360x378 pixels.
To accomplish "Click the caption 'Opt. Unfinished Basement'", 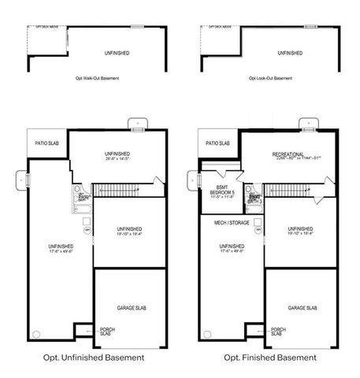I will click(x=95, y=358).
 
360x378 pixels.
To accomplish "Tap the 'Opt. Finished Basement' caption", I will click(x=270, y=358).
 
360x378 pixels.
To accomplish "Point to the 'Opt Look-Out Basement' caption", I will click(x=270, y=79).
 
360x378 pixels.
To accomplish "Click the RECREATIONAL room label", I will click(x=288, y=154).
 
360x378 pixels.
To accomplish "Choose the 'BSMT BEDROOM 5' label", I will click(x=221, y=190).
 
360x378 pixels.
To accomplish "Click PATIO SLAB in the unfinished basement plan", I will click(x=46, y=143).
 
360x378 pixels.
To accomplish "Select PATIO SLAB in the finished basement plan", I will click(x=217, y=143).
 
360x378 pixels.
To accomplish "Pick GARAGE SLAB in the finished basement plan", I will click(x=302, y=308).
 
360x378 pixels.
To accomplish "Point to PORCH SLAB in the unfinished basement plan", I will click(x=106, y=332).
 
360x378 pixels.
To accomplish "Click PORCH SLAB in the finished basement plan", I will click(x=277, y=332).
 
